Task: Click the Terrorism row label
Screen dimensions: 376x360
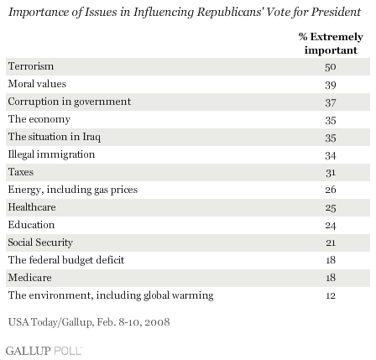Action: click(31, 66)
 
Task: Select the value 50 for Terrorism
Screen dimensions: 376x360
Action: click(331, 67)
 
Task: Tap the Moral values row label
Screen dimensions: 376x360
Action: click(37, 84)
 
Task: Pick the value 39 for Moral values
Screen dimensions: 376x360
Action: click(331, 85)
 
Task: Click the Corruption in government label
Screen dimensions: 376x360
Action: click(70, 102)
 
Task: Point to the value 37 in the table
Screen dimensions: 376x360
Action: click(331, 102)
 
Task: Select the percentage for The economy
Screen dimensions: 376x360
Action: click(331, 120)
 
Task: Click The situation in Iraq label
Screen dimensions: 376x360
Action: click(55, 137)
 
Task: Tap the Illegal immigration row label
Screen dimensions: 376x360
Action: click(51, 154)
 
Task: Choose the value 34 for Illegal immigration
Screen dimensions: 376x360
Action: click(331, 155)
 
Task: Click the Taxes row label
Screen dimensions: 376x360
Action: click(21, 172)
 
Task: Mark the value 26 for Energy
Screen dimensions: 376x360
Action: click(331, 190)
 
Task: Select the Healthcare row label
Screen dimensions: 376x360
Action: click(32, 207)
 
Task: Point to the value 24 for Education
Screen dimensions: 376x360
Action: click(331, 226)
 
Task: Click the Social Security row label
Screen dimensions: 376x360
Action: click(40, 243)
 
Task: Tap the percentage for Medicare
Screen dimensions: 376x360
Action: click(331, 278)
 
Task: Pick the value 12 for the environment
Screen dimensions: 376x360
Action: click(331, 295)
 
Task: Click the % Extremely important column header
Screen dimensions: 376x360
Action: click(331, 44)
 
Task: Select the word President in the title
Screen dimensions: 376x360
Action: click(336, 12)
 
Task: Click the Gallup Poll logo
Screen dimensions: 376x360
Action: click(44, 351)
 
